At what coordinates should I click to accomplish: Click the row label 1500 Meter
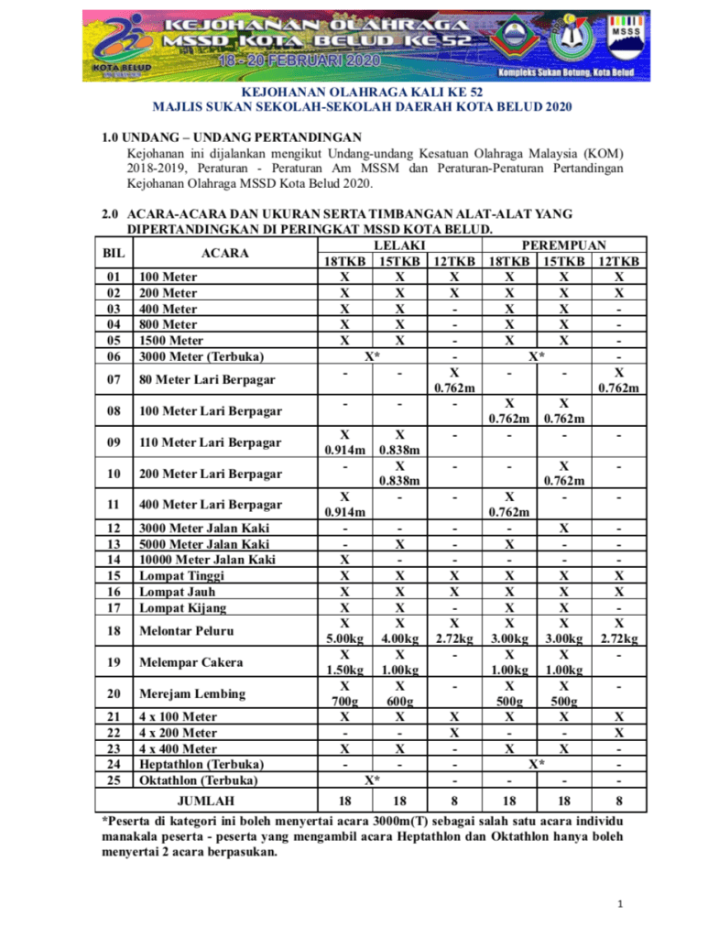[x=170, y=341]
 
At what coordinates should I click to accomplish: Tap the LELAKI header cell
[x=398, y=245]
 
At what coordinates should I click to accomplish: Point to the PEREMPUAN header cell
[x=563, y=245]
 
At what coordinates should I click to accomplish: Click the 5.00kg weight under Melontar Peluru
[x=344, y=638]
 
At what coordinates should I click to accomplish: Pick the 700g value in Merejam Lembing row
[x=344, y=702]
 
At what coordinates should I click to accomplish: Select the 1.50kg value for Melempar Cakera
[x=344, y=670]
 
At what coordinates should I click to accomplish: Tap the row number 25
[x=114, y=780]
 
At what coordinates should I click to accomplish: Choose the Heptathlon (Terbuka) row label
[x=202, y=764]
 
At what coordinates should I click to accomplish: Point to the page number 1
[x=620, y=905]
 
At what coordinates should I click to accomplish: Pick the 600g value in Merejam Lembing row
[x=399, y=702]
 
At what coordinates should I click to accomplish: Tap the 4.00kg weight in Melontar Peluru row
[x=399, y=638]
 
